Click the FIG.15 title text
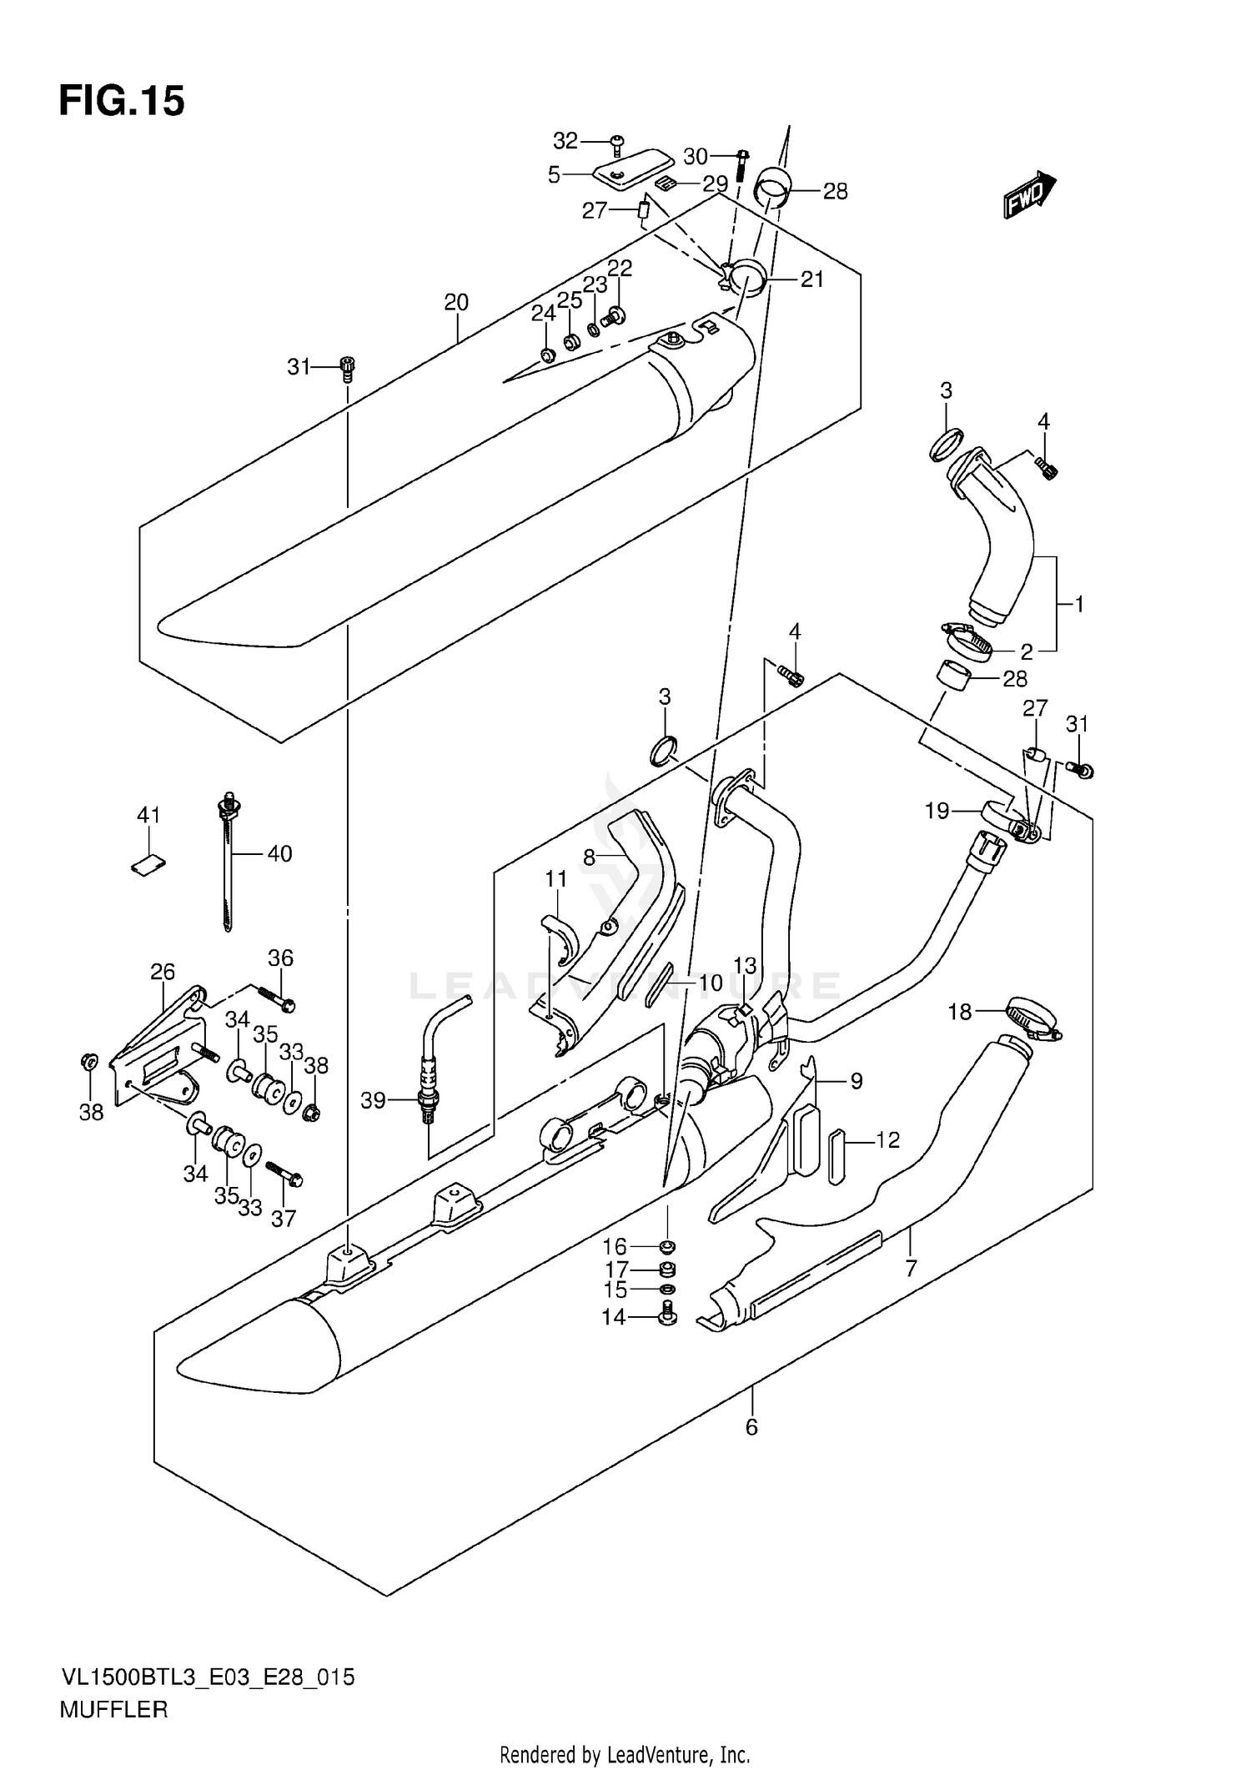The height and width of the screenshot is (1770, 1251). (x=122, y=102)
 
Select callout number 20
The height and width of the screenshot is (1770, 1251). (x=456, y=302)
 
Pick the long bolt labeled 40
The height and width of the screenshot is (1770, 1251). (x=227, y=862)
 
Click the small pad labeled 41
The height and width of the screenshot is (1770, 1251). (x=148, y=865)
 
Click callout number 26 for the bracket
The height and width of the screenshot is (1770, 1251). (x=163, y=972)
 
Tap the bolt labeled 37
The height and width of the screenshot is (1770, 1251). (x=285, y=1175)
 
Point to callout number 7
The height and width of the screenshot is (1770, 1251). (x=911, y=1269)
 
